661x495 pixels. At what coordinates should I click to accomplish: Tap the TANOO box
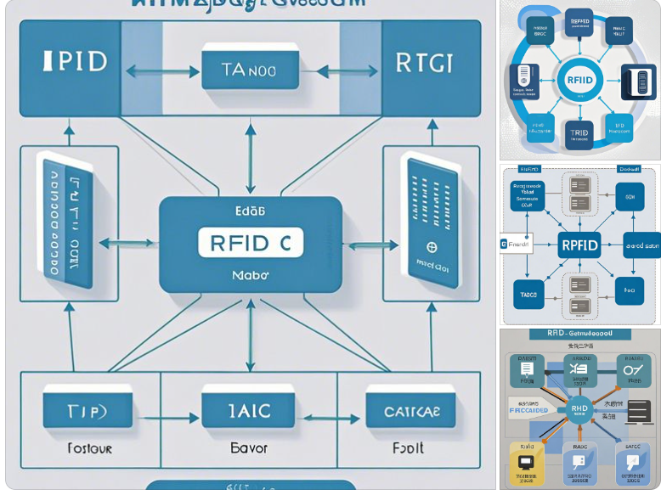(x=250, y=70)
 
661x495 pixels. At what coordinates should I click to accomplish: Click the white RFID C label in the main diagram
(x=251, y=243)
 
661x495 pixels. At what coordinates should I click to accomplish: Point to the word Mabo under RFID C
(x=250, y=275)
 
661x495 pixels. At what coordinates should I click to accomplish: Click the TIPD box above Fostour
(x=88, y=412)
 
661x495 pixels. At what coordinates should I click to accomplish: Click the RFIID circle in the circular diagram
(x=579, y=81)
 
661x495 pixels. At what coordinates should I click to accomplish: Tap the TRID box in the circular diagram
(x=579, y=134)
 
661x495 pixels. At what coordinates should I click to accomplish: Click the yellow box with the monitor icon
(x=525, y=462)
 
